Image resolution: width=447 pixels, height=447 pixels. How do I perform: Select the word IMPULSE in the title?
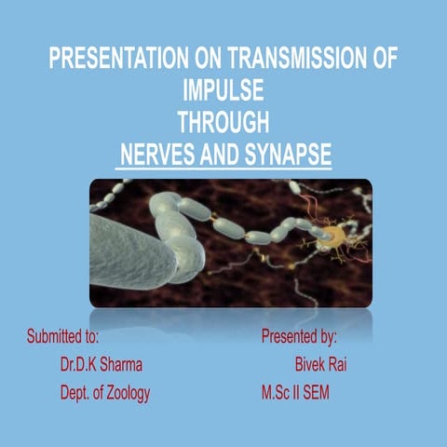click(x=224, y=94)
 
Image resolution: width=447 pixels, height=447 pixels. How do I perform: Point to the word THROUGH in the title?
click(x=223, y=124)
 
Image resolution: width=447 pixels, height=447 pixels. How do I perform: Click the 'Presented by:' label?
click(x=299, y=333)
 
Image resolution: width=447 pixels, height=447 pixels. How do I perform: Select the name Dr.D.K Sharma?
click(x=102, y=363)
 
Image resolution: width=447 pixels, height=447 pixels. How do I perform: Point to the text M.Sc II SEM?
click(x=295, y=393)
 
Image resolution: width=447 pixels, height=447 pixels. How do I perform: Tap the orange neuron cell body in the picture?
click(x=328, y=241)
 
